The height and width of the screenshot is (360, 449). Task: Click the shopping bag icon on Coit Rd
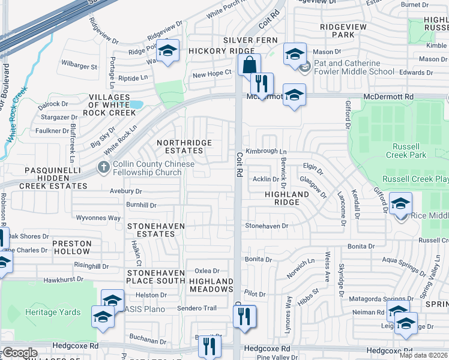(249, 64)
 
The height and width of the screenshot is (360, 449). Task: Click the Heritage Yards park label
(53, 312)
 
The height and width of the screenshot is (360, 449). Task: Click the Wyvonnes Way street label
(98, 218)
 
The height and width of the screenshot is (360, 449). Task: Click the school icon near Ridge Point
(169, 52)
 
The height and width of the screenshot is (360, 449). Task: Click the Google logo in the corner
(20, 353)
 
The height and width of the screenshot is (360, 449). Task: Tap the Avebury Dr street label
(125, 191)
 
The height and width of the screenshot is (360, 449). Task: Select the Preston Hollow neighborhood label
(71, 248)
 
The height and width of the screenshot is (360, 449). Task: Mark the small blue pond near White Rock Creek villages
(136, 104)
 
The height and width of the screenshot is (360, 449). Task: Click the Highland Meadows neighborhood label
(211, 285)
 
